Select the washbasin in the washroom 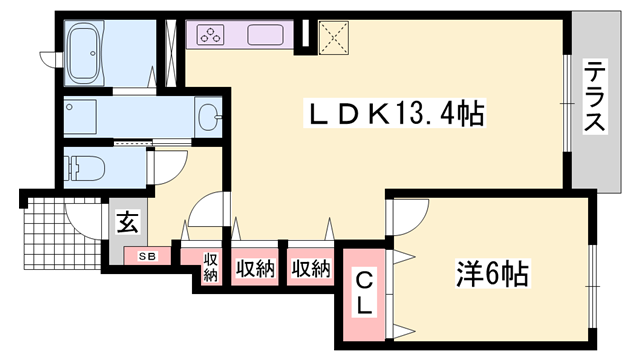(208, 115)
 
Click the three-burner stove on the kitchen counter (213, 36)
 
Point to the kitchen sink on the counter (268, 36)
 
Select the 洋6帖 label (489, 272)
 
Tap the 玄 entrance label (129, 222)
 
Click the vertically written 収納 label (211, 267)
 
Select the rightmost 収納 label (310, 268)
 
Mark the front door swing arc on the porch (80, 215)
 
